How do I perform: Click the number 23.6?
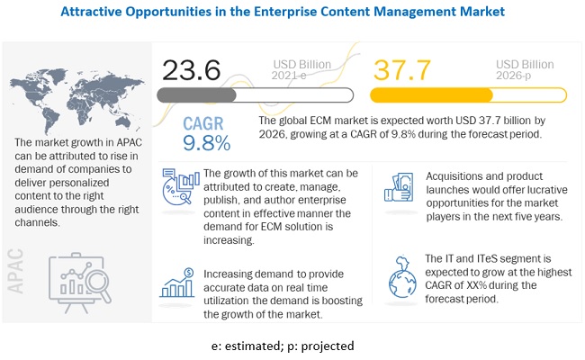click(x=192, y=71)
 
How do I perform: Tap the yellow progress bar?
click(x=468, y=95)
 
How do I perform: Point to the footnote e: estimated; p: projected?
click(x=291, y=346)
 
